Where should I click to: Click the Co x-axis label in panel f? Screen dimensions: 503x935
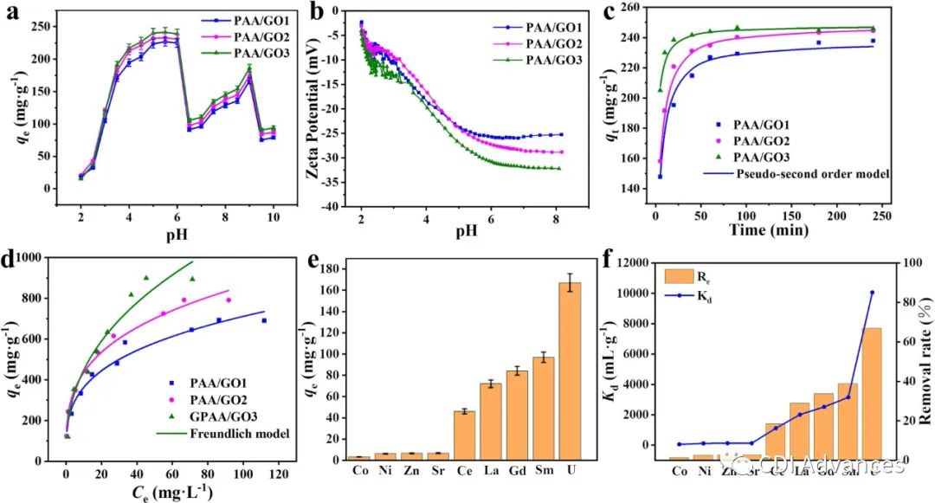click(680, 471)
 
